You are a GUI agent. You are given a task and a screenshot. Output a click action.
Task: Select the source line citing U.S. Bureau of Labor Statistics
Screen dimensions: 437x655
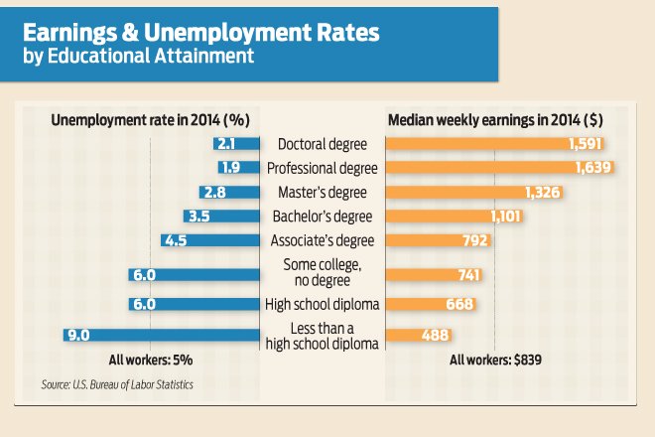point(117,384)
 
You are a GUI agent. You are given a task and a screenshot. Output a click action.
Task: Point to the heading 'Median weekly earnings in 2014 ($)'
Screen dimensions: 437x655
point(495,119)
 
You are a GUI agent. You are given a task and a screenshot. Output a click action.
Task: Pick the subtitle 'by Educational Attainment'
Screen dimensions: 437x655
point(138,56)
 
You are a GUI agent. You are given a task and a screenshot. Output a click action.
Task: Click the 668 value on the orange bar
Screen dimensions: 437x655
point(458,304)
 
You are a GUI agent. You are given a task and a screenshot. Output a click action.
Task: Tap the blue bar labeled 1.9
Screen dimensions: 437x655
point(233,167)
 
